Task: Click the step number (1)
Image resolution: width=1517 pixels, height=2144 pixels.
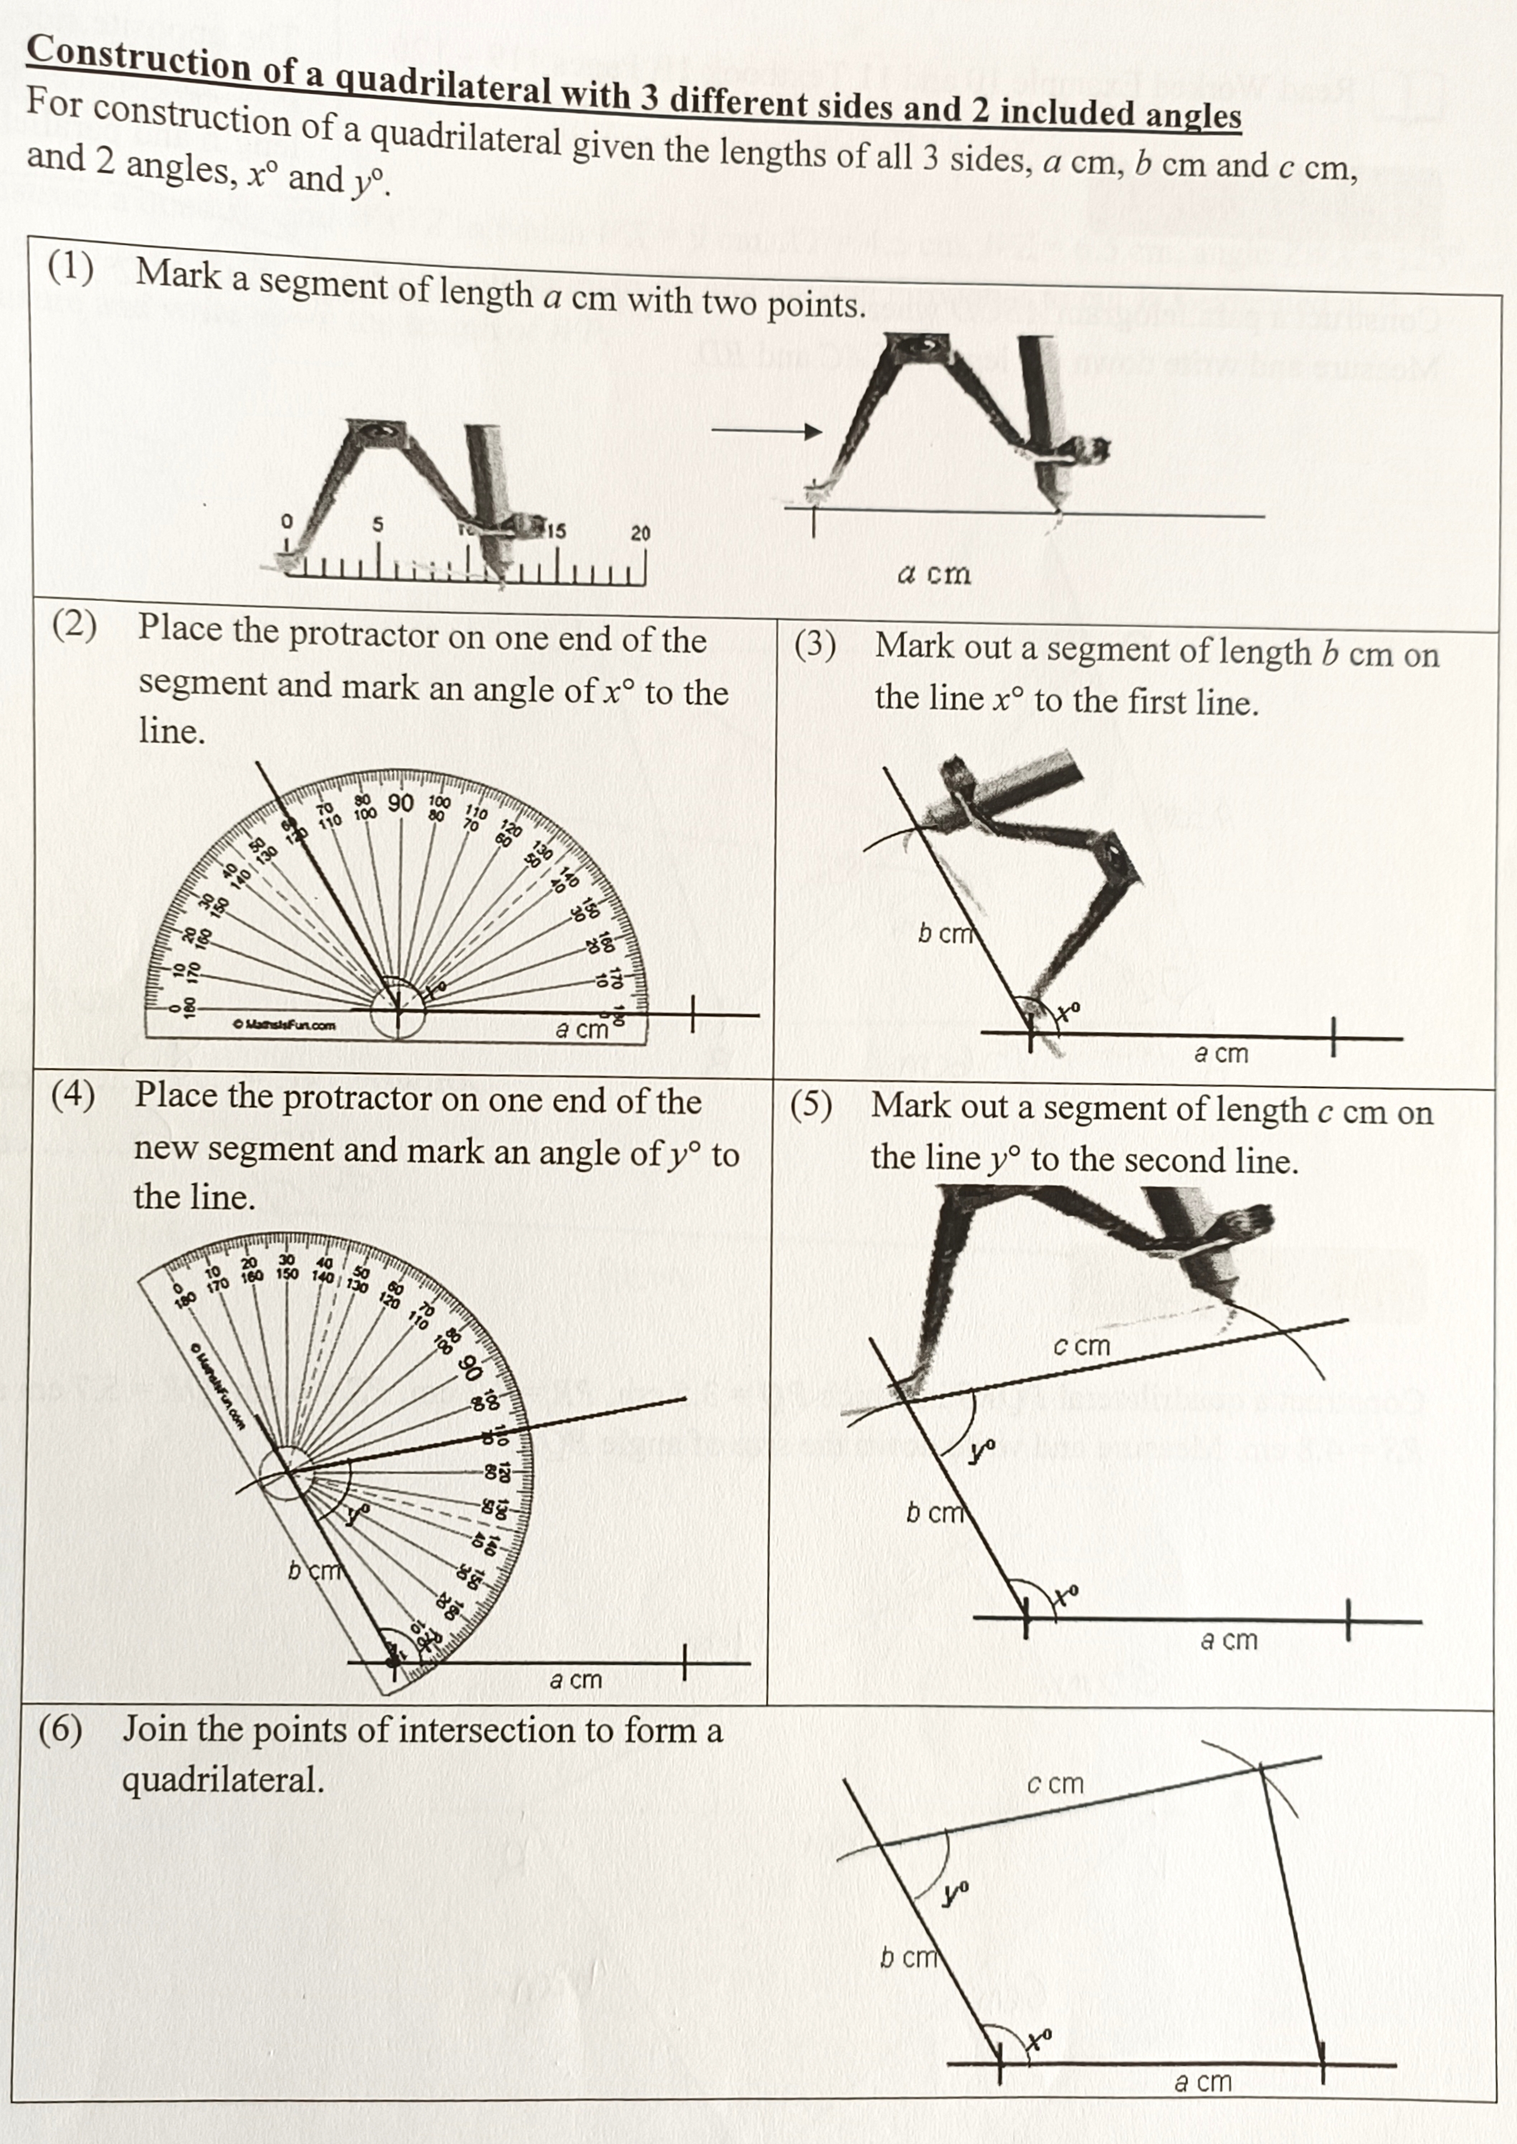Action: point(71,269)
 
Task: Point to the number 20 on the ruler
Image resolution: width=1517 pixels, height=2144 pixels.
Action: point(640,534)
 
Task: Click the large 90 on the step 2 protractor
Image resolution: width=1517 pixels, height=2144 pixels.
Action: point(401,803)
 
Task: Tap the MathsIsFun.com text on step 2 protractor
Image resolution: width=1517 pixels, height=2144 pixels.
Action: point(284,1025)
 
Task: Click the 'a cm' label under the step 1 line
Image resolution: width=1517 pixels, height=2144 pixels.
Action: point(933,573)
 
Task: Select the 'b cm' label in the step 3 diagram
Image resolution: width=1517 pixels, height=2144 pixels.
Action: point(944,933)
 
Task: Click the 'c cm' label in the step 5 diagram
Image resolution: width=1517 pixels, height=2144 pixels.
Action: point(1082,1345)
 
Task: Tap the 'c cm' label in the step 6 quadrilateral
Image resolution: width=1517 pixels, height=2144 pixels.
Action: point(1055,1783)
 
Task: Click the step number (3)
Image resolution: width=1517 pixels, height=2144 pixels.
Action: point(814,645)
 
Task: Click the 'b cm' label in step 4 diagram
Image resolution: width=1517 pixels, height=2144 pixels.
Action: point(315,1570)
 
